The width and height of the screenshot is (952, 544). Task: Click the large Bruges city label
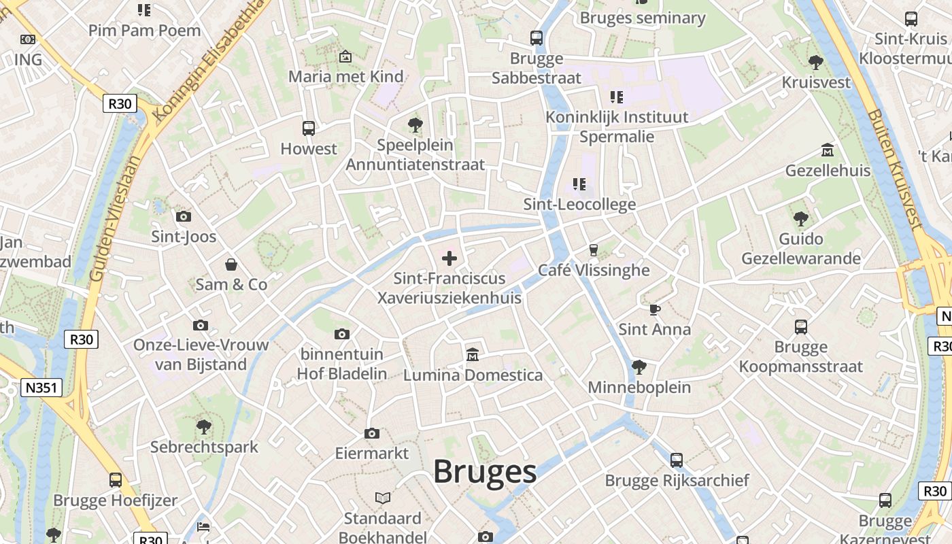485,471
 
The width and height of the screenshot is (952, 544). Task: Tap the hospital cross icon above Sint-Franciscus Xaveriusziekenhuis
449,258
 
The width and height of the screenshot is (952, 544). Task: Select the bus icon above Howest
308,128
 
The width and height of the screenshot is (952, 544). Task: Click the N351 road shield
41,388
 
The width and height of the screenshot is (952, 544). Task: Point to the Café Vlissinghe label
594,270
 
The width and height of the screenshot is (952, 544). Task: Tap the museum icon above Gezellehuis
828,150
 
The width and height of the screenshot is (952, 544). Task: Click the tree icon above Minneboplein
639,367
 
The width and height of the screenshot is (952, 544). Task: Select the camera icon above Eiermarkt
371,433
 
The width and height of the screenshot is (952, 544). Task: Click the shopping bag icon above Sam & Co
231,264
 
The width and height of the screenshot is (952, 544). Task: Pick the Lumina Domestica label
473,375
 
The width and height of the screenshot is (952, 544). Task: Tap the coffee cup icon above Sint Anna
654,309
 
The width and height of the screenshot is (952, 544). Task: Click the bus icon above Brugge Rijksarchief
677,460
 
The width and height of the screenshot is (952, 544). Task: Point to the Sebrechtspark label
204,447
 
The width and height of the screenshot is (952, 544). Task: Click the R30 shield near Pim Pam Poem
120,104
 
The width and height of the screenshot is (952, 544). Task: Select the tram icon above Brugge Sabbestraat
537,38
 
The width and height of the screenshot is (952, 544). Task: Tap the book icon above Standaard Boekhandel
383,498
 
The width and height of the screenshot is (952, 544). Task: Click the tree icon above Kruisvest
816,63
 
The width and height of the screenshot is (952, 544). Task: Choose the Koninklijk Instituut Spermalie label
617,126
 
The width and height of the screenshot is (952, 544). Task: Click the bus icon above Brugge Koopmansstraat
801,327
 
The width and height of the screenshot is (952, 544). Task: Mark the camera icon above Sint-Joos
183,217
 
